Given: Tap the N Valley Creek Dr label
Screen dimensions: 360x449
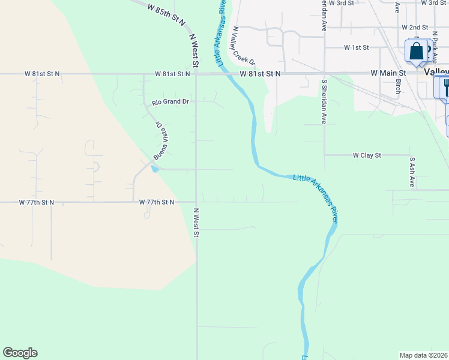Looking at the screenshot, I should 244,46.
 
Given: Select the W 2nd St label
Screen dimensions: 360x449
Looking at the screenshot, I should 414,28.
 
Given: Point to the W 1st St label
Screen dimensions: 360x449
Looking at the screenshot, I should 356,47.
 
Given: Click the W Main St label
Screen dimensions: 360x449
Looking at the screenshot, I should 388,73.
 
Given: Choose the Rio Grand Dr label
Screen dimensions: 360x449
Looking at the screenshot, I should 170,102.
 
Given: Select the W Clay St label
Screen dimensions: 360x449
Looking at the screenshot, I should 366,155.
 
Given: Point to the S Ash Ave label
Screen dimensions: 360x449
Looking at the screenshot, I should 412,173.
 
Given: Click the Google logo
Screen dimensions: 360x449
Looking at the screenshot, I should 20,353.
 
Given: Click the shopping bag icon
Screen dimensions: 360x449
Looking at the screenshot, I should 416,52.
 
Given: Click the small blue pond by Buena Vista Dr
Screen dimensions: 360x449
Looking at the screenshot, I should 155,169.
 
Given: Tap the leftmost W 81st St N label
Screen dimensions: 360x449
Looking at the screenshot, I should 43,74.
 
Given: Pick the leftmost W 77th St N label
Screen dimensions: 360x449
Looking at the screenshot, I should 37,203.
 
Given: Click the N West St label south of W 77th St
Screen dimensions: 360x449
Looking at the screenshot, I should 196,223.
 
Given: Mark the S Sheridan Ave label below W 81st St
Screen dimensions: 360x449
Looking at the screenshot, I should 324,101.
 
